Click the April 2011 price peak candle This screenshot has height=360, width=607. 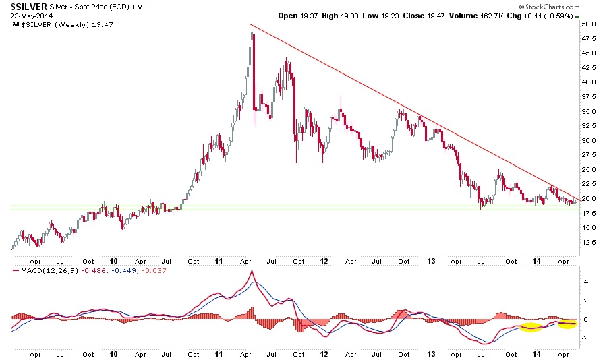[252, 30]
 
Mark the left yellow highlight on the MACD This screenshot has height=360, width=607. [531, 327]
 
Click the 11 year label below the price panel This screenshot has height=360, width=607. [219, 260]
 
